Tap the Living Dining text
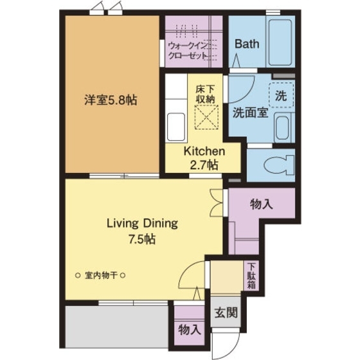[142, 224]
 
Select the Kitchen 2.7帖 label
[204, 157]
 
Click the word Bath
[247, 44]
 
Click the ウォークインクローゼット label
[188, 51]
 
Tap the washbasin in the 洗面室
[282, 129]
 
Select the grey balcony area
[116, 327]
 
